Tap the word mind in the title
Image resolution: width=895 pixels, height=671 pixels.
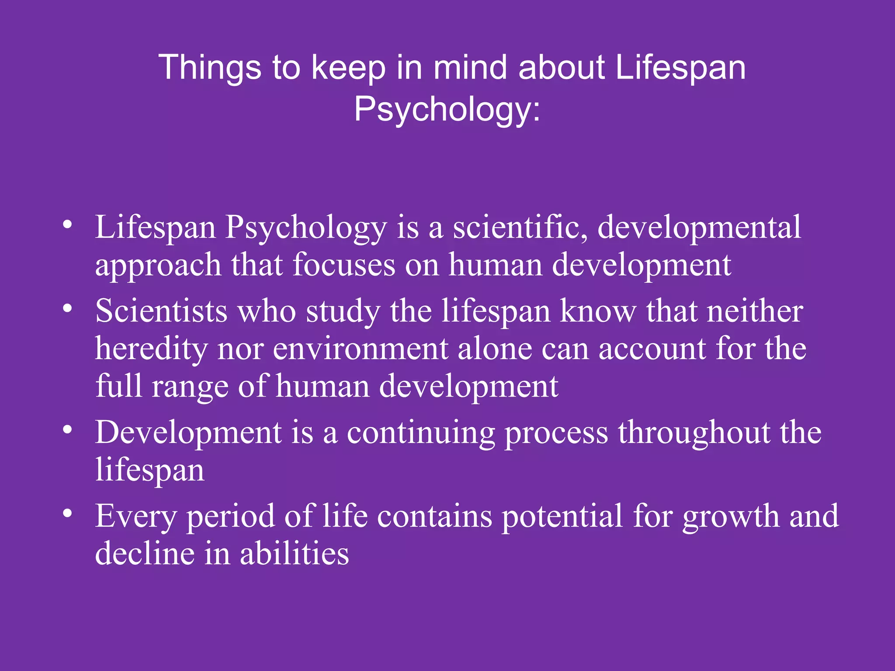click(x=469, y=68)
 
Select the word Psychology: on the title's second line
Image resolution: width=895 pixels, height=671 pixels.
click(x=447, y=109)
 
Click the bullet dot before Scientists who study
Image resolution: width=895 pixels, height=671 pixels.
click(x=67, y=308)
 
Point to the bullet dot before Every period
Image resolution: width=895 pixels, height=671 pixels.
click(x=67, y=513)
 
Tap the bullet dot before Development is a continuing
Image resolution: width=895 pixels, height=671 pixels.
click(x=67, y=430)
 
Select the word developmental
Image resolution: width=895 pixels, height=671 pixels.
click(x=699, y=227)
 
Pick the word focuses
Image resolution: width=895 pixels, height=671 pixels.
click(x=343, y=265)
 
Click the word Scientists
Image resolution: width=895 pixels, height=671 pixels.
click(x=161, y=311)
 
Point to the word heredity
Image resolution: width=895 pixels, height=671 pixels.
click(x=151, y=349)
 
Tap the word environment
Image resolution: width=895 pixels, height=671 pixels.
click(x=361, y=349)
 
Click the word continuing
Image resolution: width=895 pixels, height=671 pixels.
click(x=420, y=432)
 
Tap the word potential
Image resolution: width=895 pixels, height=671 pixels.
click(x=562, y=516)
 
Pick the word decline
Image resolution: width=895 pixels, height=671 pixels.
click(x=144, y=553)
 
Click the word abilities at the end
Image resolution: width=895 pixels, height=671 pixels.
click(x=294, y=553)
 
